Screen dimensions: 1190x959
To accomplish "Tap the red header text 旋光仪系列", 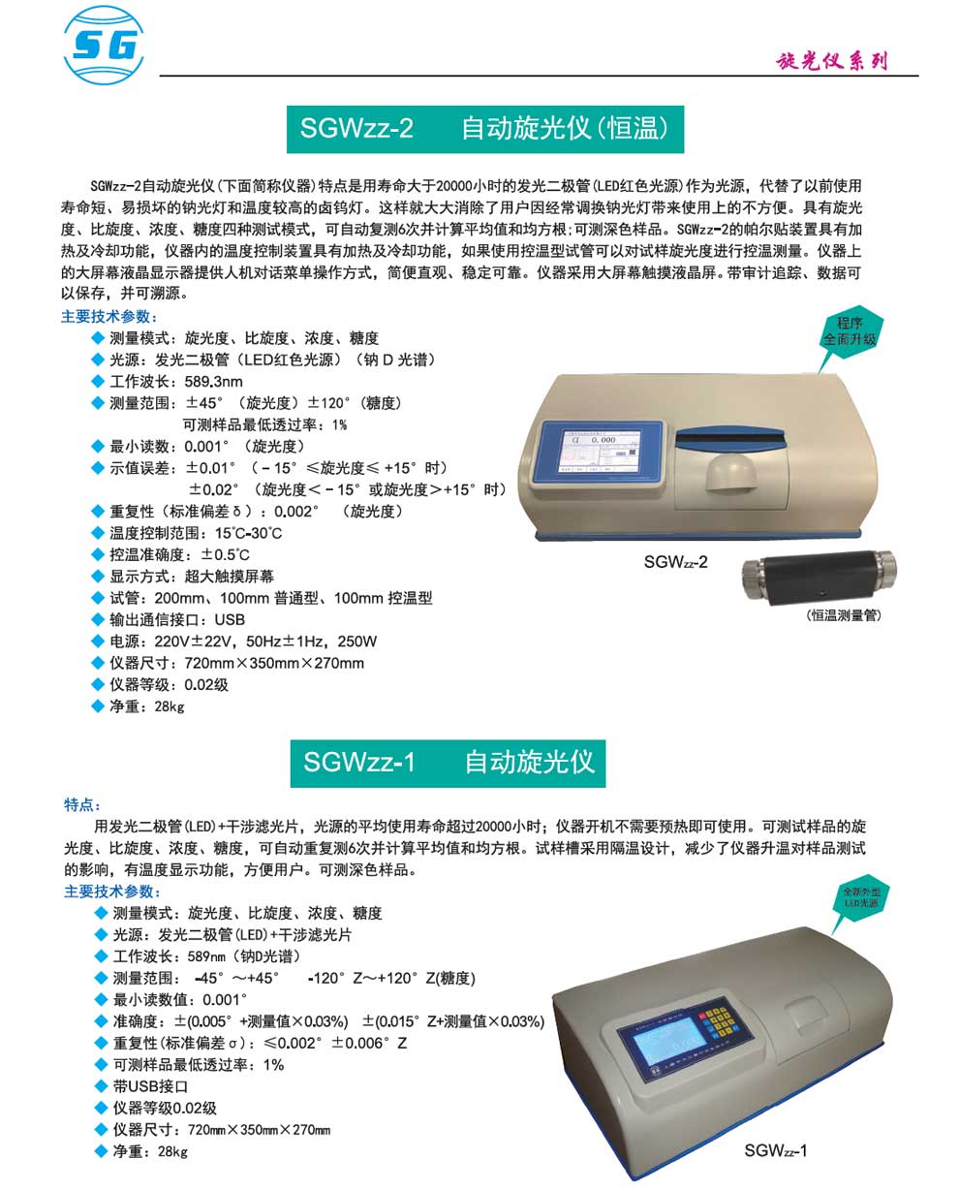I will [832, 61].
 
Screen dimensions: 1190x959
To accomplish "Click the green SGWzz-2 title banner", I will [485, 129].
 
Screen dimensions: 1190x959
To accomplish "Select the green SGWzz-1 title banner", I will [448, 762].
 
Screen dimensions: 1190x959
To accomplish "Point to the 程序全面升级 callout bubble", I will [849, 333].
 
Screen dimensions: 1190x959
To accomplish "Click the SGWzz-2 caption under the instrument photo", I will [675, 561].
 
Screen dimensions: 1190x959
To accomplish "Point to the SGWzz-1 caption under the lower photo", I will [776, 1150].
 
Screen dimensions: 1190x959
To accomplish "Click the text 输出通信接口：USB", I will [177, 619].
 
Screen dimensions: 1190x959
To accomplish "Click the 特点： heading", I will [82, 805].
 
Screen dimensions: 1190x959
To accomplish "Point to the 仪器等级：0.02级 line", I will [169, 685].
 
